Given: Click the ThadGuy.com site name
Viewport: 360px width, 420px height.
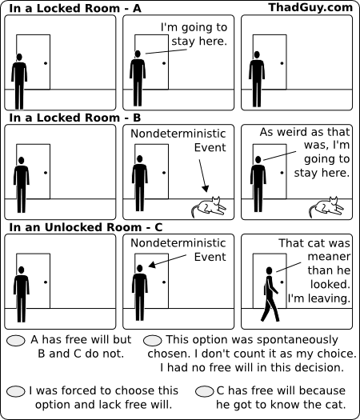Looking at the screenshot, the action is [x=310, y=7].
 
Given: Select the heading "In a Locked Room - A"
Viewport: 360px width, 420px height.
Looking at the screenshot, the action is [x=75, y=8].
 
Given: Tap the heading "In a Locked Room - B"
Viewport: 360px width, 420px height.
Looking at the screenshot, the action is [x=75, y=118].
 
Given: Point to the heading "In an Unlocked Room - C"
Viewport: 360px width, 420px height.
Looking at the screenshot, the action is [x=86, y=227].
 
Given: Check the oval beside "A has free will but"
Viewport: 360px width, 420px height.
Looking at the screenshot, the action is [x=16, y=341].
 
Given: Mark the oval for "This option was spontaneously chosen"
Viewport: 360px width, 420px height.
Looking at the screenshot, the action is [x=153, y=341].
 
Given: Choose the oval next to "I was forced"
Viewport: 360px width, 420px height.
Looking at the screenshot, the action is [x=16, y=391].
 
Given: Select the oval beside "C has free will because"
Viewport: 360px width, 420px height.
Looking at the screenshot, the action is [x=205, y=391].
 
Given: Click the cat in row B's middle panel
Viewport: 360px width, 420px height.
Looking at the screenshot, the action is [x=209, y=207].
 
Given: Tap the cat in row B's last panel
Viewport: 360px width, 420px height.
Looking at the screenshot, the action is [x=326, y=207].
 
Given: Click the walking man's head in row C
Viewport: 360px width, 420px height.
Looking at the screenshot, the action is [x=269, y=270].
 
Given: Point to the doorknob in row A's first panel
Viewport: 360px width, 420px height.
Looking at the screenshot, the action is [x=46, y=63].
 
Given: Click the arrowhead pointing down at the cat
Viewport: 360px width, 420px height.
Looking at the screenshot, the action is [x=205, y=189].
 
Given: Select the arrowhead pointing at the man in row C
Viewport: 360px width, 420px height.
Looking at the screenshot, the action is [x=152, y=265].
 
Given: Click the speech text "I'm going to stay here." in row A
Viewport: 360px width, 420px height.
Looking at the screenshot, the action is [x=194, y=34].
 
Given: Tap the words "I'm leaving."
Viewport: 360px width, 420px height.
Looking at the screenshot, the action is [x=319, y=298].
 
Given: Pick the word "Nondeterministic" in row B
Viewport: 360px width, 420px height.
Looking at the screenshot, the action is [x=178, y=134].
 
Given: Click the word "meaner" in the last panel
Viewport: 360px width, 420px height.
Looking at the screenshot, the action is [x=329, y=257].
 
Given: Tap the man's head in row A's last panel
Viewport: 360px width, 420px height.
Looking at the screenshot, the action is [x=257, y=54].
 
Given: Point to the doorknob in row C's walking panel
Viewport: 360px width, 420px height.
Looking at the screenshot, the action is [x=282, y=282].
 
